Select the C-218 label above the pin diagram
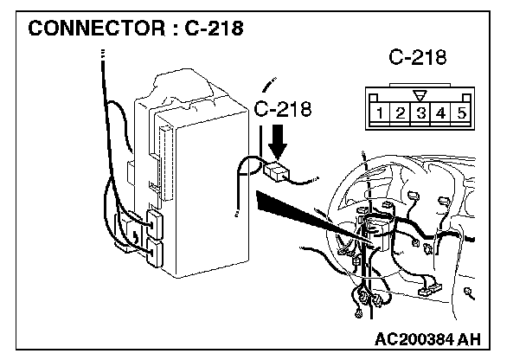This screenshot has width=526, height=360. point(417,58)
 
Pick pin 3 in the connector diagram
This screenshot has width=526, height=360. point(420,112)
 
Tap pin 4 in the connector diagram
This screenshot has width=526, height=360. point(439,112)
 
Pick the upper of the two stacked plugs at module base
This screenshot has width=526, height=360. point(155,222)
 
